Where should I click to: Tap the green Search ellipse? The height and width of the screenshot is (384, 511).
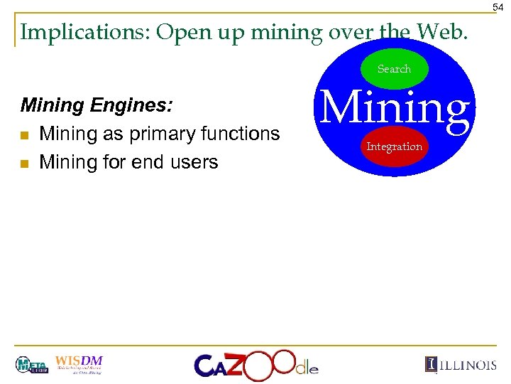point(394,69)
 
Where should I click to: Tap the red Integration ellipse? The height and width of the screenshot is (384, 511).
point(394,146)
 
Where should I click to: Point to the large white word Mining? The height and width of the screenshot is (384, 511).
point(395,109)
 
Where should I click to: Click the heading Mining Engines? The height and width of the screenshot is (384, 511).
point(97,106)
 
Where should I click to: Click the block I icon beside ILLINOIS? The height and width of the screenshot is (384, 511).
point(430,364)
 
